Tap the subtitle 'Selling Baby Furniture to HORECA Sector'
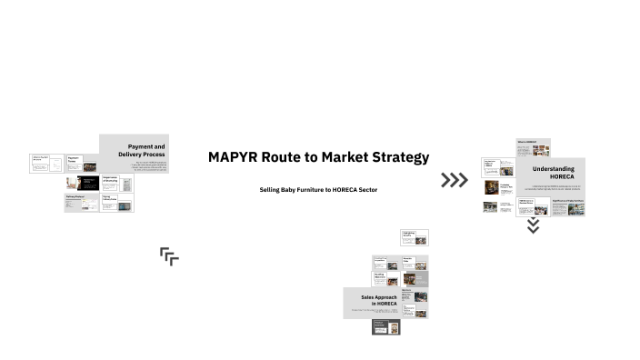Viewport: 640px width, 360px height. point(318,189)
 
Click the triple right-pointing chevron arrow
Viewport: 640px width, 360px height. point(454,180)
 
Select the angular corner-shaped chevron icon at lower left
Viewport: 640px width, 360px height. point(169,256)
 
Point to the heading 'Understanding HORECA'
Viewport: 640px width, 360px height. point(553,173)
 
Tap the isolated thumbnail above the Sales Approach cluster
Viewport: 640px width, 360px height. point(414,237)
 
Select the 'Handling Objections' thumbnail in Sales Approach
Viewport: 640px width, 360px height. point(385,280)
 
